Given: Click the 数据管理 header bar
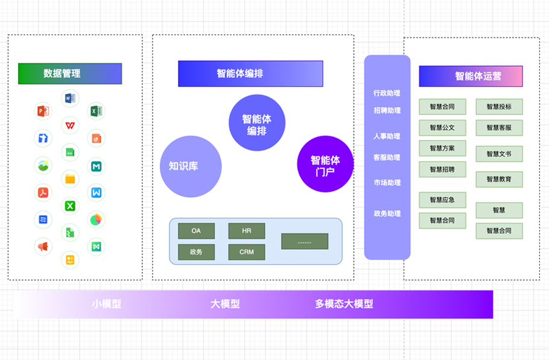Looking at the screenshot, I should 70,74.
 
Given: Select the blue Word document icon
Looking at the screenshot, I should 70,98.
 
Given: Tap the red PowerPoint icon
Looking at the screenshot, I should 43,111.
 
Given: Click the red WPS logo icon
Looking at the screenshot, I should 70,125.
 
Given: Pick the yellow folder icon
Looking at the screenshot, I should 70,178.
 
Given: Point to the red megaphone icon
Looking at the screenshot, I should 43,246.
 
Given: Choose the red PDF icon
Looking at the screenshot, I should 43,192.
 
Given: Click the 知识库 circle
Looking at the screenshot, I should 191,166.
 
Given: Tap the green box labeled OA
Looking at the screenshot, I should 196,231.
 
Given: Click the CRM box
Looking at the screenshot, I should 247,252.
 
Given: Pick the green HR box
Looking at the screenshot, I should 247,231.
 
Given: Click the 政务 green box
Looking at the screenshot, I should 196,252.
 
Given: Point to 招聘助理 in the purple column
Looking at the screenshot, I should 387,110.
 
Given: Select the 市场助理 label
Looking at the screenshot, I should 387,183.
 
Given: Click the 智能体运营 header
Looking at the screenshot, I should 471,77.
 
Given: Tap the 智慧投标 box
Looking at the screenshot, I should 499,107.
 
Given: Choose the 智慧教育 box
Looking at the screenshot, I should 499,179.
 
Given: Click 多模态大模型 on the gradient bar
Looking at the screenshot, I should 344,304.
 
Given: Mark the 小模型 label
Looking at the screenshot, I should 107,304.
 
